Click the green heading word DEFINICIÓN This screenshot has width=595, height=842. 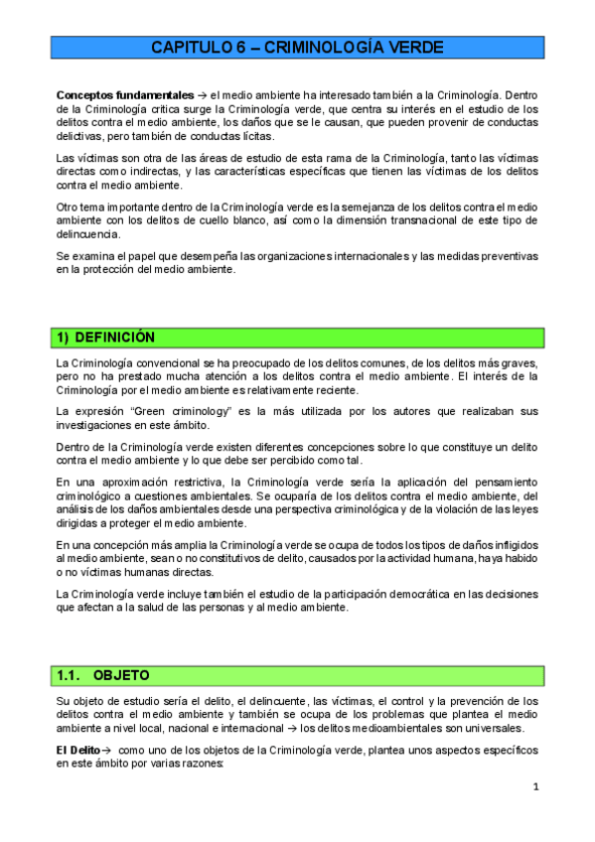(116, 338)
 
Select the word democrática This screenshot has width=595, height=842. (396, 594)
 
